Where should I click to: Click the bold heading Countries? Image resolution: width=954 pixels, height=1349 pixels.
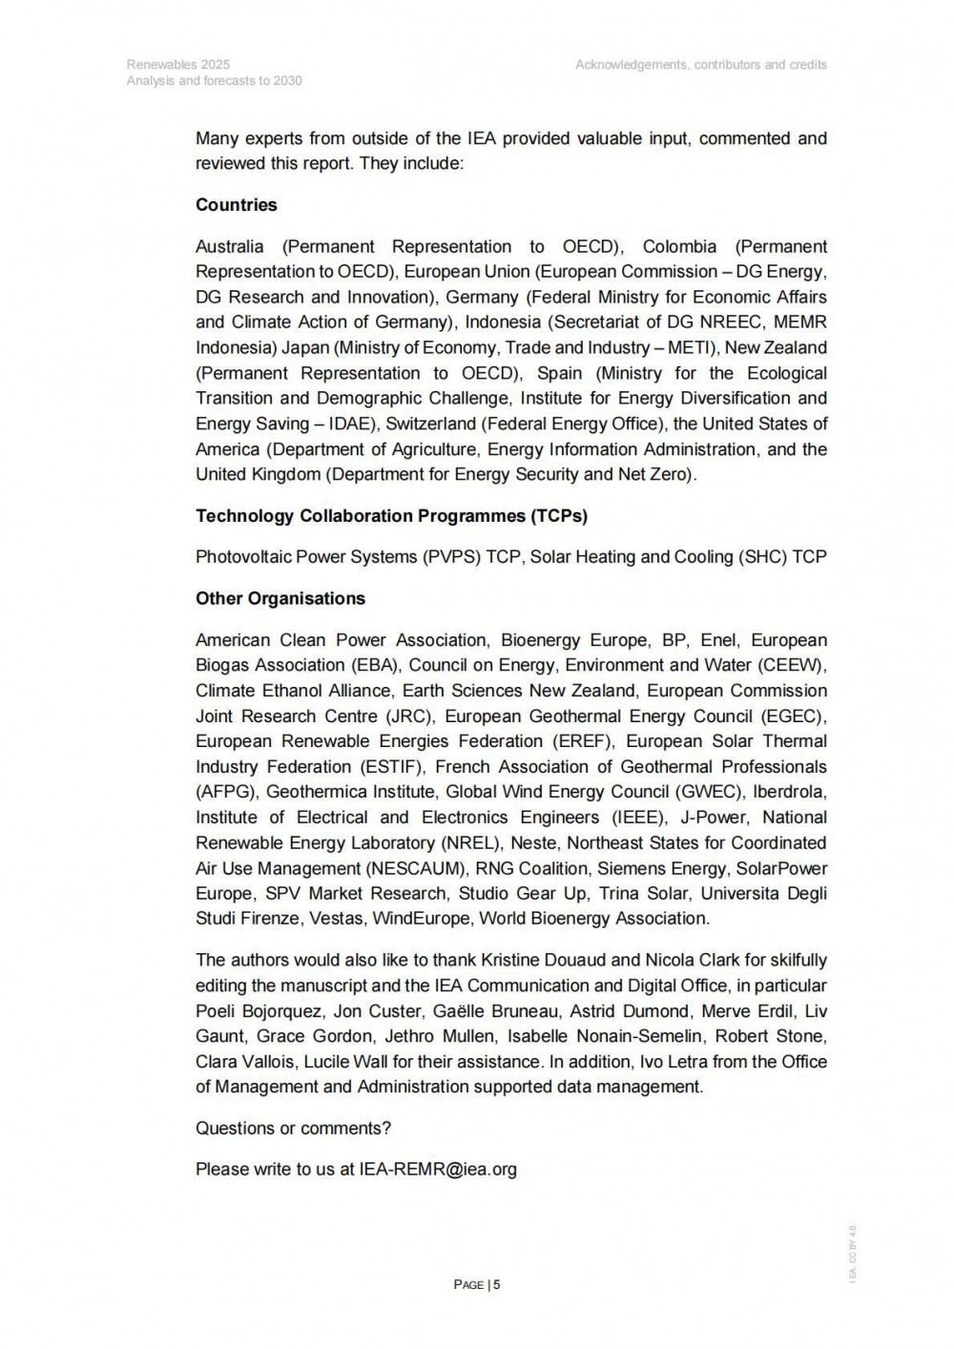coord(236,205)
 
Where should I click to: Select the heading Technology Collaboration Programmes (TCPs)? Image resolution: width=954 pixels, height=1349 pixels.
coord(391,516)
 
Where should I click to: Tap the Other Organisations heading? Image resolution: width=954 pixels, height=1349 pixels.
coord(280,599)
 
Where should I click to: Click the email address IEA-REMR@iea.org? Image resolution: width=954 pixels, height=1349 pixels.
coord(438,1169)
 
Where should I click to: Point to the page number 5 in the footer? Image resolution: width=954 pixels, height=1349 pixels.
coord(497,1284)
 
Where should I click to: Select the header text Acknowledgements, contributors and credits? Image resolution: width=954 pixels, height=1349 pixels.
coord(701,65)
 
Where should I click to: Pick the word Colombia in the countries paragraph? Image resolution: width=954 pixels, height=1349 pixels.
coord(679,246)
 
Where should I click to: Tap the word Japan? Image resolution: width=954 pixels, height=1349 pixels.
coord(304,347)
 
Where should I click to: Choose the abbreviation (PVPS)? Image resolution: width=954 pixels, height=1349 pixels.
coord(451,557)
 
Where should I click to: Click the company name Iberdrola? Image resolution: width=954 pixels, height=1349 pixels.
coord(790,792)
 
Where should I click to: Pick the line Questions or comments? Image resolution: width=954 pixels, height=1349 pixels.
coord(293,1128)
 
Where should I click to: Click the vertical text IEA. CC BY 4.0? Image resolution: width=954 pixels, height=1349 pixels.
coord(853,1253)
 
